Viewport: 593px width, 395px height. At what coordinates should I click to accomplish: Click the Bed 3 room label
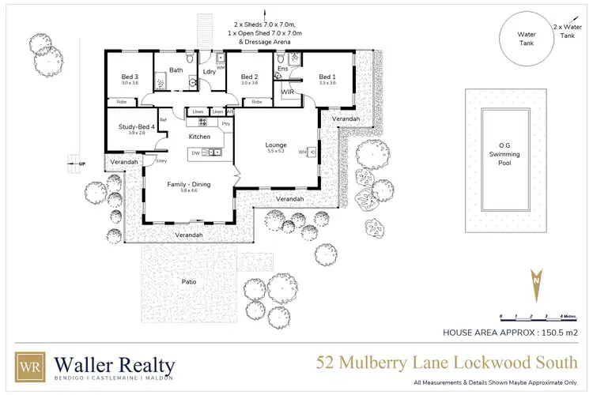tap(129, 76)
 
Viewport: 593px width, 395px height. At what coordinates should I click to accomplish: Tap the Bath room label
tap(175, 70)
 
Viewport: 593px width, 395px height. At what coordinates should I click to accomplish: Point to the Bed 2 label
tap(250, 76)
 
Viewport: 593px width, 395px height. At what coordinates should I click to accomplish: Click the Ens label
tap(283, 70)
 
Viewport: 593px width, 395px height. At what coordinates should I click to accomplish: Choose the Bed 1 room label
tap(327, 76)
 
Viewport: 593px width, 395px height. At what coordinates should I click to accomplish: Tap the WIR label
tap(288, 92)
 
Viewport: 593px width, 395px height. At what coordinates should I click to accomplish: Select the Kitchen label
tap(199, 137)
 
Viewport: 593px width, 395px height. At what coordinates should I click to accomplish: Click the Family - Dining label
tap(187, 184)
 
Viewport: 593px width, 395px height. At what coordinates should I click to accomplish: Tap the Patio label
tap(189, 282)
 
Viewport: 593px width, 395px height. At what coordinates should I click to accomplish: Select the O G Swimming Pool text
tap(504, 153)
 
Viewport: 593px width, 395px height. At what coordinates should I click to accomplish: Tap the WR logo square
tap(32, 367)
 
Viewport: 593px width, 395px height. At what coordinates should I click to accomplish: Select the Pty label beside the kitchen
tap(226, 123)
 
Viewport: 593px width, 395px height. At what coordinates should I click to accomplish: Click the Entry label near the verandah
tap(161, 161)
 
